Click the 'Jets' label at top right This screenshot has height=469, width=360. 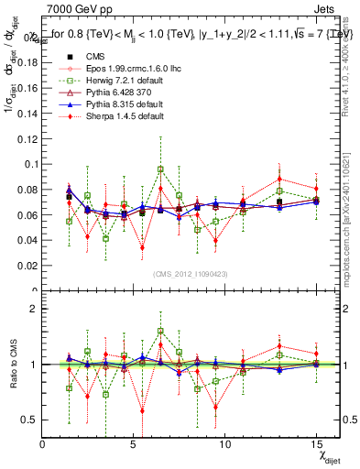pos(326,8)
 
